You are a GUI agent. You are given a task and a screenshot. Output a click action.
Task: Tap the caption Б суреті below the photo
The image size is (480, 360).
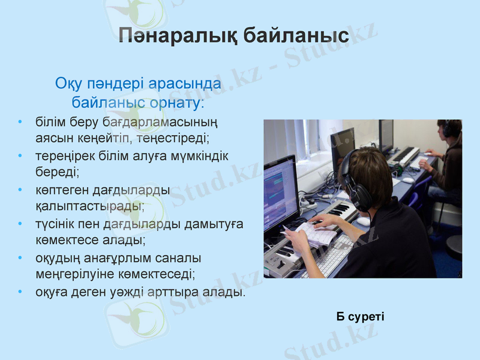click(360, 316)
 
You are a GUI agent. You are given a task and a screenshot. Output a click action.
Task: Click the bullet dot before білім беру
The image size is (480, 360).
click(21, 123)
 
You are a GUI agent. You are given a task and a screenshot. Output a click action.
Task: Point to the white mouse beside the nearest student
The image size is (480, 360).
click(364, 221)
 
